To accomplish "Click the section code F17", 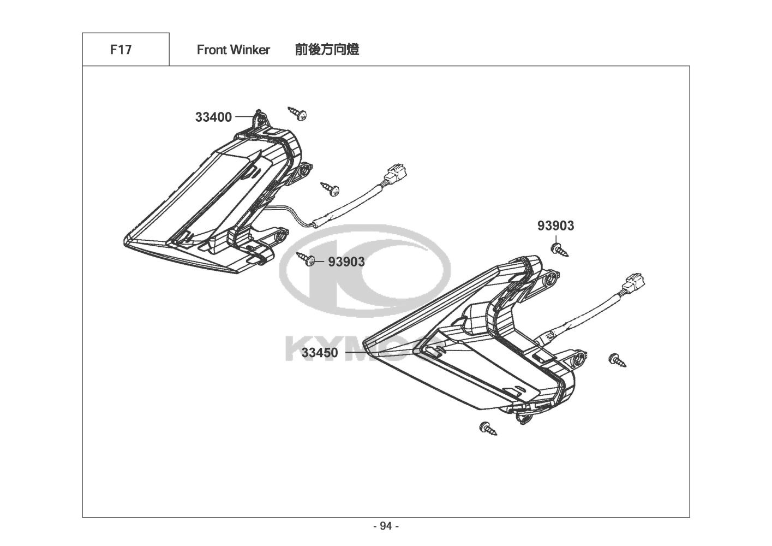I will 121,50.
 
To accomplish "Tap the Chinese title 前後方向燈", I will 327,50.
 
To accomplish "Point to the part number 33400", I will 213,117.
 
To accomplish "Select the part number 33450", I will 320,353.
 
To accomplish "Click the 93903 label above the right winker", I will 555,225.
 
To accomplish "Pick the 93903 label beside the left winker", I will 346,262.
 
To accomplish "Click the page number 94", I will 386,526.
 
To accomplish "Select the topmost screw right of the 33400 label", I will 299,113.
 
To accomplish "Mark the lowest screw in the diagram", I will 488,428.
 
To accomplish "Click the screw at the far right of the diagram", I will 617,359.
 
